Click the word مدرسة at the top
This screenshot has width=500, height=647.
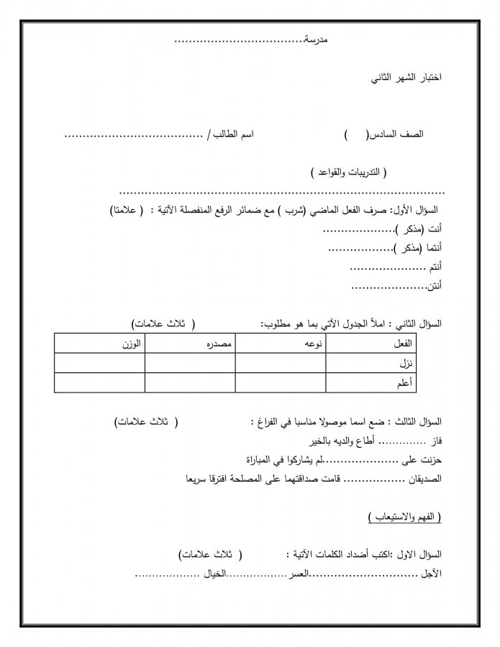315,39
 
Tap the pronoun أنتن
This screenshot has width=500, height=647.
435,287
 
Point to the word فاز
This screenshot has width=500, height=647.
435,439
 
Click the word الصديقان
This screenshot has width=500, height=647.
424,477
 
